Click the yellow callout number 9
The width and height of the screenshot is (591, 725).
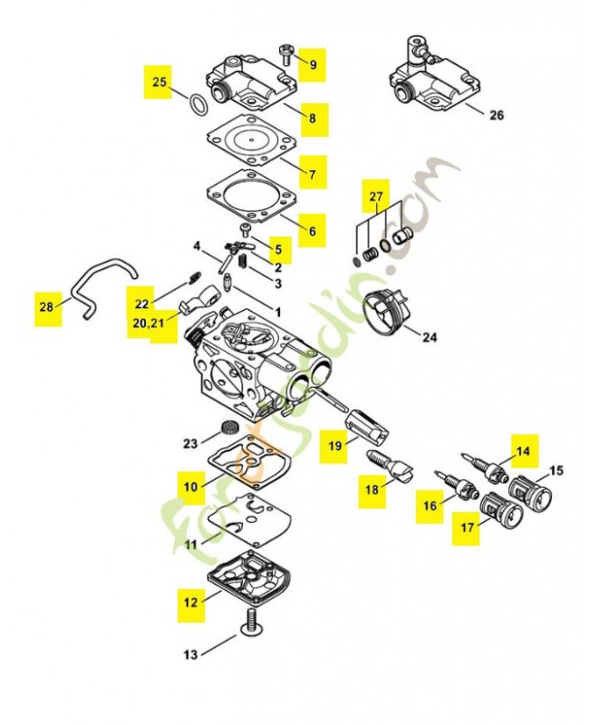(313, 63)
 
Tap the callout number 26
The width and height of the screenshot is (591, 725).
(496, 115)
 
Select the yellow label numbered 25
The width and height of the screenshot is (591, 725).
(160, 82)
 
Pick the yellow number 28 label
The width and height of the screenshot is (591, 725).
(46, 307)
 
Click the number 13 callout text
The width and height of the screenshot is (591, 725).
(189, 654)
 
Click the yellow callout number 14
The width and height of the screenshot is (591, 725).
(523, 450)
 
